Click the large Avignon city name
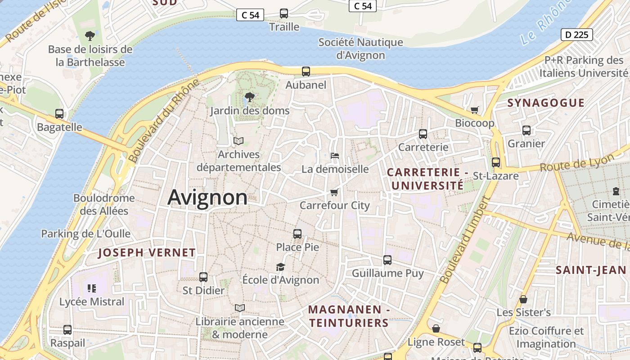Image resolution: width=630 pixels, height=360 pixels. tap(207, 198)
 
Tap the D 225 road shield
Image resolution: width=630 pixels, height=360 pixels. tap(576, 35)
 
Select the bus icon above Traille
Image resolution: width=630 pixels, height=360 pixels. tap(284, 13)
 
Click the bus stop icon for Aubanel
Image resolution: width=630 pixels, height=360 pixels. tap(306, 71)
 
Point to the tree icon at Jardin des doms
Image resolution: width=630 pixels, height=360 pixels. tap(249, 97)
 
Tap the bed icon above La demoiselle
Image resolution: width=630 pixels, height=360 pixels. tap(334, 156)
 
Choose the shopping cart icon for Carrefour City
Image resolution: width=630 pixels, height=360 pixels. tap(334, 192)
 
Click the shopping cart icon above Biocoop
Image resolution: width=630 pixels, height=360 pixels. tap(474, 110)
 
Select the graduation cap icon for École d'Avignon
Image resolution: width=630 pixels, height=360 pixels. tap(280, 267)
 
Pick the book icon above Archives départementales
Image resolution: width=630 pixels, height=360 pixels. tap(238, 141)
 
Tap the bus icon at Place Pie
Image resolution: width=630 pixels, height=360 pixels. tap(297, 234)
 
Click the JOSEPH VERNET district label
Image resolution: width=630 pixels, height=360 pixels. tap(147, 253)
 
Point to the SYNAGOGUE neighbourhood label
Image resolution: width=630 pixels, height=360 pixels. tap(546, 103)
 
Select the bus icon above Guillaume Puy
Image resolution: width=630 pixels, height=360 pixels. tap(387, 260)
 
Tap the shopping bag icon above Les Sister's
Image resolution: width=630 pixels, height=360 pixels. tap(523, 299)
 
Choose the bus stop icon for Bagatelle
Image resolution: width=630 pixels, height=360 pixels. tap(59, 114)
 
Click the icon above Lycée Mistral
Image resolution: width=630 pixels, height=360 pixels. tap(92, 288)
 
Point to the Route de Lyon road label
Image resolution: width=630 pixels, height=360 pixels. tap(577, 163)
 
